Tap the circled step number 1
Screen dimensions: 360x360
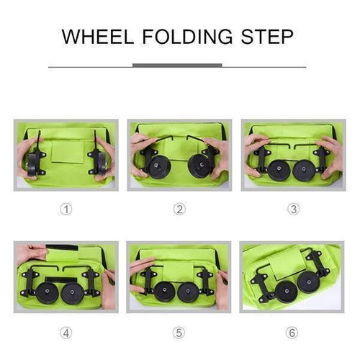pos(66,210)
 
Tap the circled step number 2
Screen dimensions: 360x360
pos(180,210)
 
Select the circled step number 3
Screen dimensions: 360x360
pos(293,210)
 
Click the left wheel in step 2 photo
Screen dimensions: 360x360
pos(158,166)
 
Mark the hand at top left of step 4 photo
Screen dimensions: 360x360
pos(31,251)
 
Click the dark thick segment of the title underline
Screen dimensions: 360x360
pos(177,66)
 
